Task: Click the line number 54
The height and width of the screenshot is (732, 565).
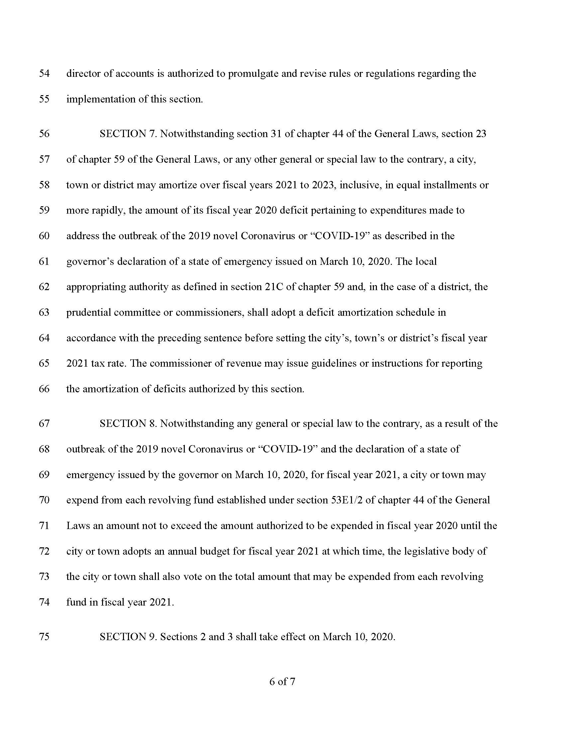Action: [44, 74]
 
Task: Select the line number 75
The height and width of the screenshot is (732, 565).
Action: [44, 637]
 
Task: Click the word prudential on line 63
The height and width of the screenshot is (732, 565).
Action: [88, 312]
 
